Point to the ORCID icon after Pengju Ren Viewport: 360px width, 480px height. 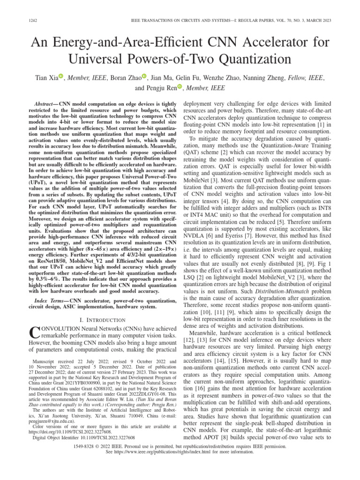pyautogui.click(x=180, y=87)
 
